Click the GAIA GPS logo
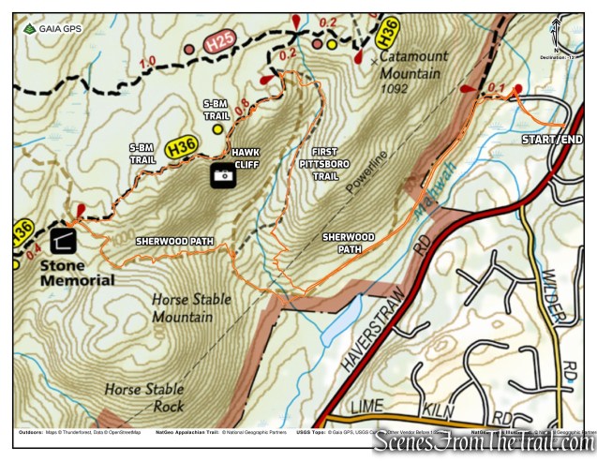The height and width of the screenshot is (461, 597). [x=53, y=29]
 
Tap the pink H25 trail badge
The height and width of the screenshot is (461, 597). [x=218, y=40]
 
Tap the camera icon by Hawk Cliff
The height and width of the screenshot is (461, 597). [x=222, y=175]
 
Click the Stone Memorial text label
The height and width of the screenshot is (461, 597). [x=77, y=273]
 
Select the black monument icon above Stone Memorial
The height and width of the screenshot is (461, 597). [x=64, y=240]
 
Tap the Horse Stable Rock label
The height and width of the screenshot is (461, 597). [x=144, y=395]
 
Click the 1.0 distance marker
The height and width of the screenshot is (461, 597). [x=147, y=63]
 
